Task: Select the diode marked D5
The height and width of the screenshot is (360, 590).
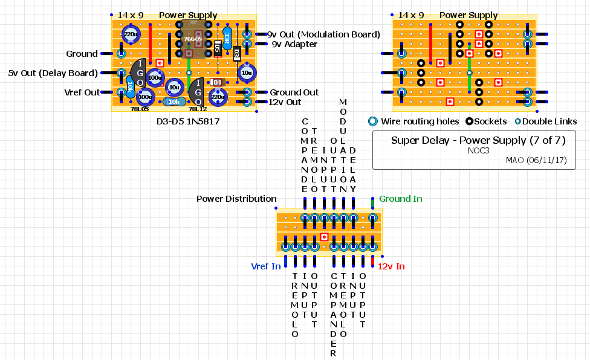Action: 217,48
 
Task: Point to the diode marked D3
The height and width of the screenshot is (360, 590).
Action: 237,53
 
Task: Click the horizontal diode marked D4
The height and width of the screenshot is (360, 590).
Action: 217,82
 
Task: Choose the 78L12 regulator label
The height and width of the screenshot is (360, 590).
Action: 197,109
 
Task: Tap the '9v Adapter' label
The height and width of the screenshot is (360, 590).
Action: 294,44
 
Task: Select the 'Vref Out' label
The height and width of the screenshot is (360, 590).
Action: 82,92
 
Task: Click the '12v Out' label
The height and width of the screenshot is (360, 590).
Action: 285,102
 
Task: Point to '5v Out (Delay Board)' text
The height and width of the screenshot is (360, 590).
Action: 53,73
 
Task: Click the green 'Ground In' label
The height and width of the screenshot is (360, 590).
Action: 401,199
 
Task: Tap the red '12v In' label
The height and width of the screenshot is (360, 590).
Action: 391,266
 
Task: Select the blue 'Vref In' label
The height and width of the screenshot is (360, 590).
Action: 266,266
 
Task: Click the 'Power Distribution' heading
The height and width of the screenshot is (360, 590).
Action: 236,199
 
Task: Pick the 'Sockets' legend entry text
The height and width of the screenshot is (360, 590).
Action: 490,121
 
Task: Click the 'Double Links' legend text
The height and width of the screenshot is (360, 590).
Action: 549,121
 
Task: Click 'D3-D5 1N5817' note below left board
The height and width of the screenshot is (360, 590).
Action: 188,121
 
